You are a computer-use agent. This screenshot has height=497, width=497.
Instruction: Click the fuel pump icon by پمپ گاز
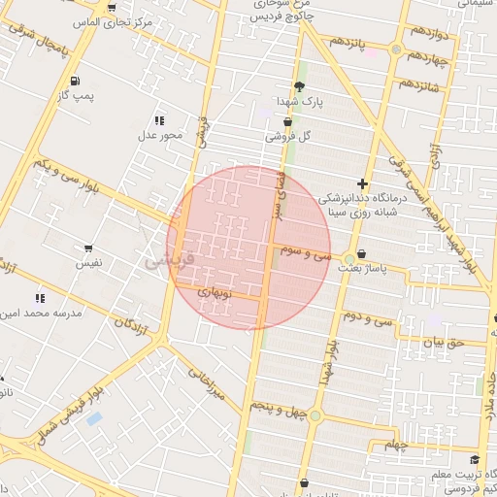pos(75,81)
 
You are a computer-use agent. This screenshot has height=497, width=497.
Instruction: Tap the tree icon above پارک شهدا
pos(298,86)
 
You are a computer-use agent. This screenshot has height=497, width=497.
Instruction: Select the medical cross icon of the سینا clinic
pos(363,183)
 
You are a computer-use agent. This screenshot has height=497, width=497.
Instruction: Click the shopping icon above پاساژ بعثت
pos(362,254)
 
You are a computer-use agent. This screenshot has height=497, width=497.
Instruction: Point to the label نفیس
pos(88,263)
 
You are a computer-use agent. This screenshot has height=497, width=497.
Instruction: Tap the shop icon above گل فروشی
pos(287,122)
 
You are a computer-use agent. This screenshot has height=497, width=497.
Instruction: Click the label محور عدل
pos(159,135)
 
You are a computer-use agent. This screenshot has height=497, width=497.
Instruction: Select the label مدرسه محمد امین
pos(42,314)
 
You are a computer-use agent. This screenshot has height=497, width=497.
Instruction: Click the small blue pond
pos(93,418)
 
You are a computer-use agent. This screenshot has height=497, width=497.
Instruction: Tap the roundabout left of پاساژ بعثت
pos(348,257)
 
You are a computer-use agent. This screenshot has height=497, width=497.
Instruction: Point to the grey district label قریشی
pos(170,261)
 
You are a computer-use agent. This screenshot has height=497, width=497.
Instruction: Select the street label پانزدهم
pos(347,43)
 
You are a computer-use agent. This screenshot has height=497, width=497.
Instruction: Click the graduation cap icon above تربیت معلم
pos(474,460)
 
